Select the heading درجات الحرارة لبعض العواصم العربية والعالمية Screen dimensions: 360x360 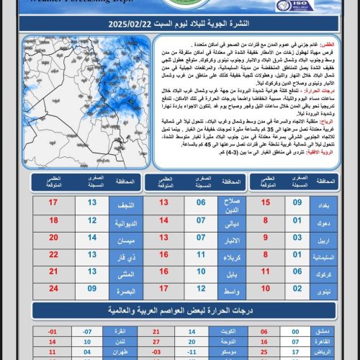coord(180,311)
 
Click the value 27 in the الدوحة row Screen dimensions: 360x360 coord(157,343)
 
